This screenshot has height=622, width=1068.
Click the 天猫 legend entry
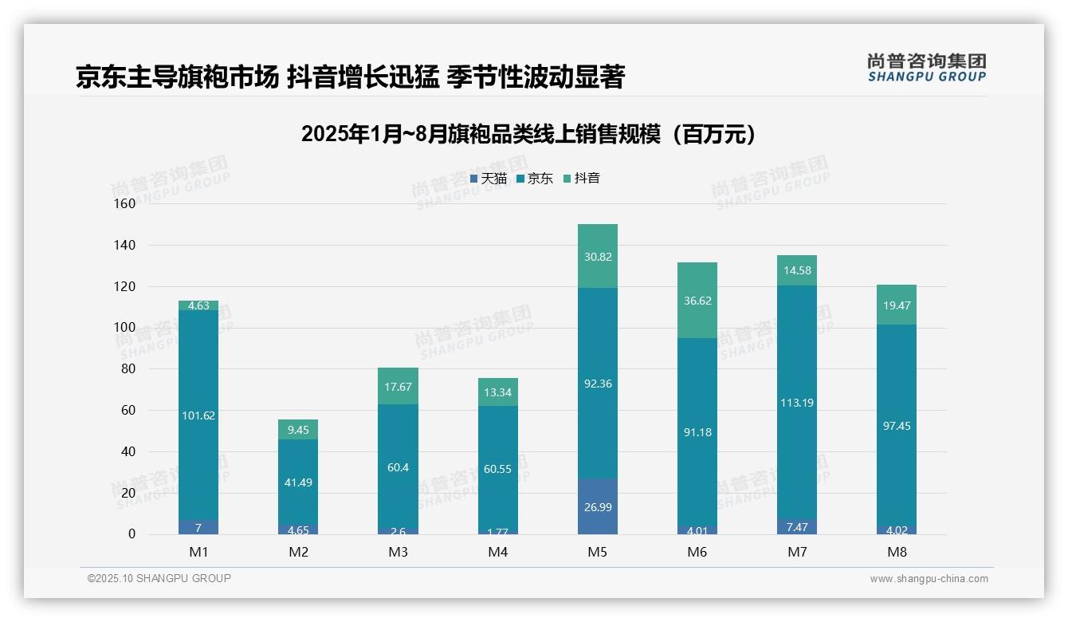click(x=489, y=179)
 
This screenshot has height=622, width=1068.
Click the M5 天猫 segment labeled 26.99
click(x=598, y=507)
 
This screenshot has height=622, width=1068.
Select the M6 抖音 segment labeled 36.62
click(x=697, y=301)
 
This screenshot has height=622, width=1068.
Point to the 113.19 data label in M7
click(x=797, y=403)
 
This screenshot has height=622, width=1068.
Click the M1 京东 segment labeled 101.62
click(x=198, y=415)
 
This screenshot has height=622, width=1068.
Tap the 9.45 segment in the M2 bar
click(x=298, y=430)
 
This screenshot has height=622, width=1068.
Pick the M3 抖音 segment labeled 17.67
click(x=398, y=387)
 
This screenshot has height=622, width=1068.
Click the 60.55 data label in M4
click(x=498, y=469)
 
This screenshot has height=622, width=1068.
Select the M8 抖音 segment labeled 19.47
click(x=897, y=305)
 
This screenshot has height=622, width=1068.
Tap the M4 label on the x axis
click(x=498, y=552)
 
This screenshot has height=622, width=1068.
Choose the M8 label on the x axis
click(x=897, y=552)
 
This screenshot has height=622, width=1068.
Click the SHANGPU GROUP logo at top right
click(x=926, y=68)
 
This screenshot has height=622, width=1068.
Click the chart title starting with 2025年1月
click(x=528, y=135)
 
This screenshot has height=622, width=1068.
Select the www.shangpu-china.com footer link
click(x=929, y=579)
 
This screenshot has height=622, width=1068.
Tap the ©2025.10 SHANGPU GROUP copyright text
click(x=159, y=578)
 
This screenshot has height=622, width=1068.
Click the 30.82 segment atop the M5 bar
click(x=598, y=256)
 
